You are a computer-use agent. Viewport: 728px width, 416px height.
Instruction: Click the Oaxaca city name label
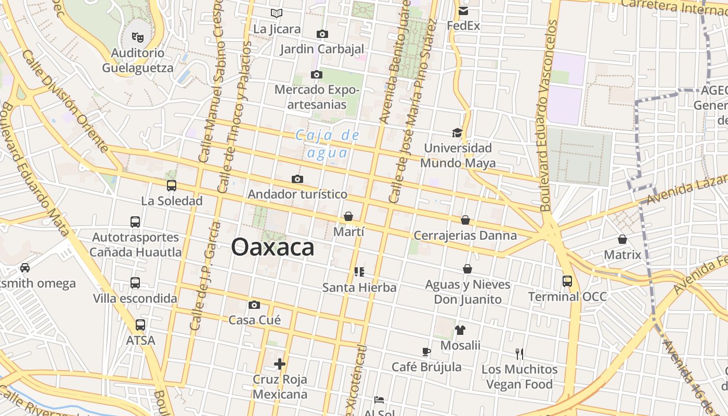pos(272,248)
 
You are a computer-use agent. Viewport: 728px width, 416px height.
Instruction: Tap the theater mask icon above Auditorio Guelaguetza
pos(138,37)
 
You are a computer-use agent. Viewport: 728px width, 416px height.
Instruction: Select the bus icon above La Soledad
pos(172,185)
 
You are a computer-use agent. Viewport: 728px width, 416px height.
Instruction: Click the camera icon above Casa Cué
pos(254,305)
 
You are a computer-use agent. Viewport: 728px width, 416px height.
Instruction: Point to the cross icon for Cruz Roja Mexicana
pos(280,364)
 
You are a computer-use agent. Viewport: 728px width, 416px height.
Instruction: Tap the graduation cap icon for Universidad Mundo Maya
pos(457,133)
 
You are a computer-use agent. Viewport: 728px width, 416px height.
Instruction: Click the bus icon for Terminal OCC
pos(567,281)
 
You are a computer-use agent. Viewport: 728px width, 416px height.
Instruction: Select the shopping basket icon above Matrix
pos(622,239)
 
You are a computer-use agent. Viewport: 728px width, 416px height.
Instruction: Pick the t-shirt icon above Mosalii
pos(460,330)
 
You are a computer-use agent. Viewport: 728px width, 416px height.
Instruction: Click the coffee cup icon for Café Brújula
pos(426,352)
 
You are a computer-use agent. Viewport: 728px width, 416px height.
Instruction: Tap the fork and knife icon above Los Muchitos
pos(519,354)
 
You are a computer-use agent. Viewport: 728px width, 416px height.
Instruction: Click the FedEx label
pos(463,25)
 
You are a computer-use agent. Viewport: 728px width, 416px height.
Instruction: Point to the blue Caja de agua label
pos(328,144)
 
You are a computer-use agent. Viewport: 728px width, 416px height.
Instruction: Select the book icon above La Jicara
pos(277,13)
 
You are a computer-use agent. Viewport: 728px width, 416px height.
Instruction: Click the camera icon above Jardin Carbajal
pos(322,34)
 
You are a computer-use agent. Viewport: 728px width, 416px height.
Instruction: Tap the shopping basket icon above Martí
pos(348,216)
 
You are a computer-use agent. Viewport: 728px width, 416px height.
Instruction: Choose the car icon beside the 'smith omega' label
pos(24,268)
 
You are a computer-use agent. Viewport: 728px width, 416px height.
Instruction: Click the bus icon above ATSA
pos(140,325)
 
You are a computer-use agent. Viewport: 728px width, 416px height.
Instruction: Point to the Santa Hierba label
pos(359,288)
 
